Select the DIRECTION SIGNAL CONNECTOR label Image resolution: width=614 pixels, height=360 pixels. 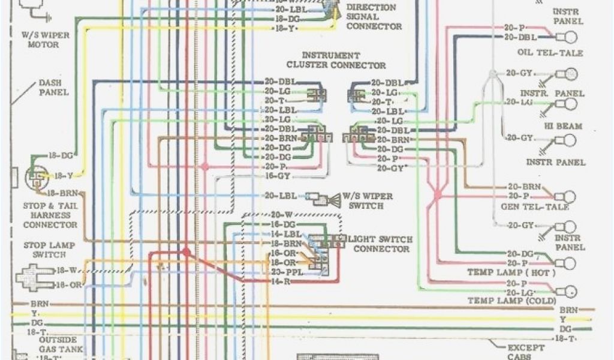click(374, 17)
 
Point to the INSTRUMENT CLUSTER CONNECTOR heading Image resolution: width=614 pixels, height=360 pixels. click(336, 60)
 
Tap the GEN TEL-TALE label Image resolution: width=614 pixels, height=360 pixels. click(535, 207)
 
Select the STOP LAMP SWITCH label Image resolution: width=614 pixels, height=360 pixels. click(44, 250)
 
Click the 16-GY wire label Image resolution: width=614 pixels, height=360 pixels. click(276, 176)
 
